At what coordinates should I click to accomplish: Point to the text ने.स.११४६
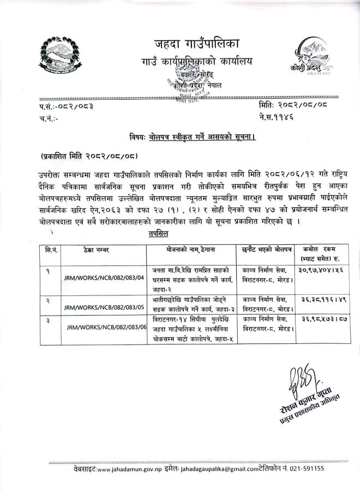[277, 116]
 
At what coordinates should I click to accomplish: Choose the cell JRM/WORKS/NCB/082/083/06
[107, 327]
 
